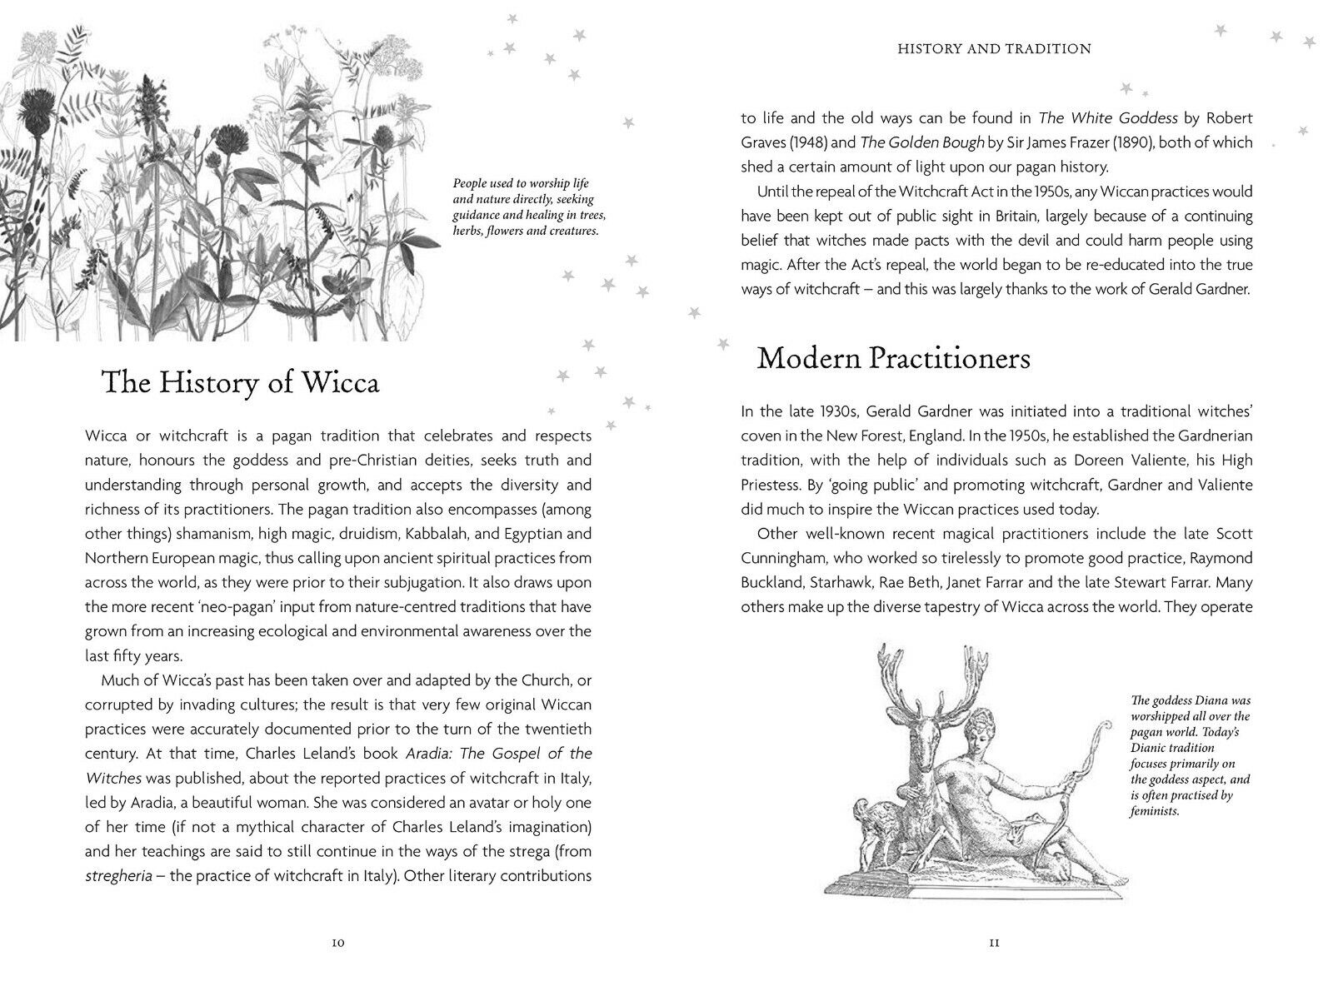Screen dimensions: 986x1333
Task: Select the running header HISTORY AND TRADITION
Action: click(x=994, y=49)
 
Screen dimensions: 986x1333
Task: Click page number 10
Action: click(x=337, y=943)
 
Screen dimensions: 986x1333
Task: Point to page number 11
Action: click(x=993, y=943)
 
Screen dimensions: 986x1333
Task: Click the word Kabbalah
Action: click(x=417, y=533)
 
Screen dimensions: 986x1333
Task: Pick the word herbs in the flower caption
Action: click(x=467, y=231)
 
